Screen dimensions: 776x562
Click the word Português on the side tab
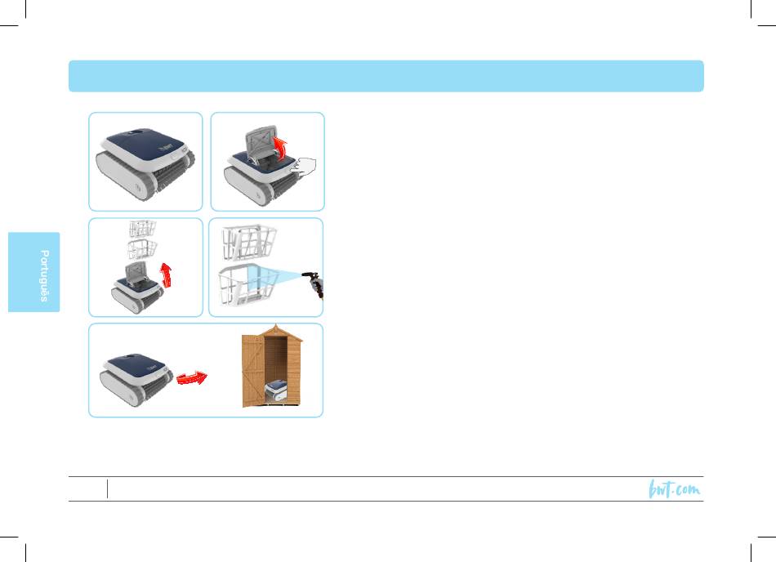click(44, 275)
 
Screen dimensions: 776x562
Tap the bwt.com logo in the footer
click(675, 488)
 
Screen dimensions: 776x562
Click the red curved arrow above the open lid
click(281, 149)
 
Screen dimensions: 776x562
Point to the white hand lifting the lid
click(303, 166)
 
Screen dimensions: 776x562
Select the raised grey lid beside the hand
click(261, 141)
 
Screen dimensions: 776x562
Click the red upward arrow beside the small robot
click(167, 275)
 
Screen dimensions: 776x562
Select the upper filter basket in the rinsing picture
click(249, 243)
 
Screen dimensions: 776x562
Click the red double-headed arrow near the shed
click(192, 378)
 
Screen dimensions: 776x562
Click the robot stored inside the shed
click(276, 390)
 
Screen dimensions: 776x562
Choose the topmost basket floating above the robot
click(142, 229)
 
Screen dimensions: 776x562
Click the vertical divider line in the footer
click(107, 488)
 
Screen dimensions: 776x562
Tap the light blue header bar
click(386, 76)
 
